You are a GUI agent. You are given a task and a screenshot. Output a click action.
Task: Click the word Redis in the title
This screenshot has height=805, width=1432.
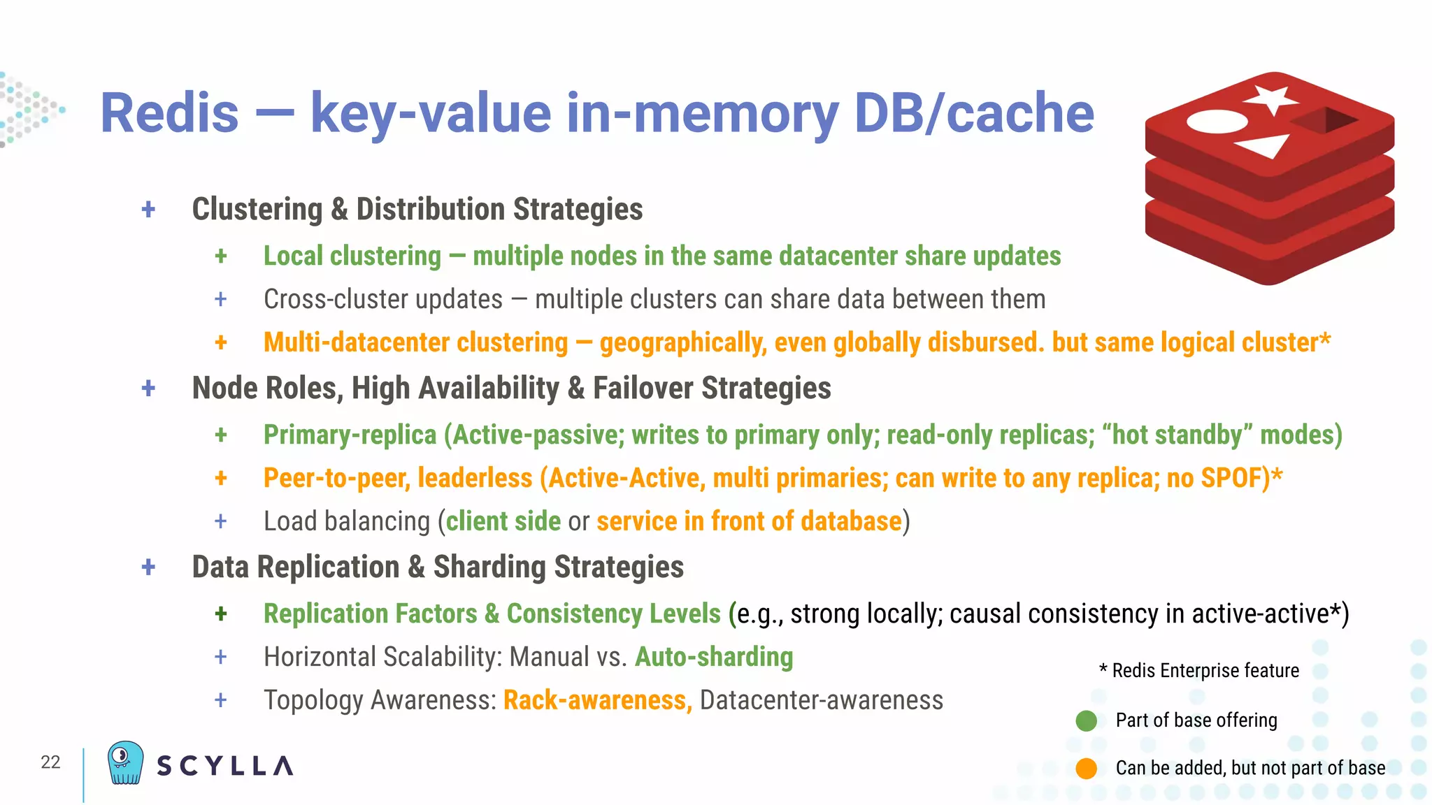click(x=170, y=113)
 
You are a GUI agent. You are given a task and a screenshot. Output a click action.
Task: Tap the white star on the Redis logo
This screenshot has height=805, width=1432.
click(x=1271, y=99)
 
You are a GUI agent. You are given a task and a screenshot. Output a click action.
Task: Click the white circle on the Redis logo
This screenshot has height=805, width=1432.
click(x=1217, y=122)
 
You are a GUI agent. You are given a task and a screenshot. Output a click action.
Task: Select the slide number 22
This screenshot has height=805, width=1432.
click(x=50, y=762)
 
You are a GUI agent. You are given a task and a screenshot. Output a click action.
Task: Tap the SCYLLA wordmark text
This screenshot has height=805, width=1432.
click(x=224, y=766)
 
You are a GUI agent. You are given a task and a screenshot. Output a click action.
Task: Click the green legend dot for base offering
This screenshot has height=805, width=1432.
click(x=1086, y=720)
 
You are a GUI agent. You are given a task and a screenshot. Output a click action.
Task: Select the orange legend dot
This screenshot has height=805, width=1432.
click(x=1086, y=768)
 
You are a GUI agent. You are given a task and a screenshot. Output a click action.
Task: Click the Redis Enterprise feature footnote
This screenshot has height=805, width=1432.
click(x=1198, y=671)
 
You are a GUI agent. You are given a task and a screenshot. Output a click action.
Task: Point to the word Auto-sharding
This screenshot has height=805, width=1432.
click(x=714, y=657)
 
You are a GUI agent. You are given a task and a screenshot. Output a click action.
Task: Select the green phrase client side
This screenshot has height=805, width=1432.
click(x=503, y=522)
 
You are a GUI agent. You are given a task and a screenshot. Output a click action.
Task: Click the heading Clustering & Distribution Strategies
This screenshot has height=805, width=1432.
click(x=417, y=210)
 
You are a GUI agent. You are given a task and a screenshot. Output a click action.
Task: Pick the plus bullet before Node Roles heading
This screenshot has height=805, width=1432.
click(x=148, y=389)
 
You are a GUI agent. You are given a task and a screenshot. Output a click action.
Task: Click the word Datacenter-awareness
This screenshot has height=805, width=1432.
click(x=821, y=700)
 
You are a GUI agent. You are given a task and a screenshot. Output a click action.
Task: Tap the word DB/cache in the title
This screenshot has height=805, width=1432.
click(x=973, y=113)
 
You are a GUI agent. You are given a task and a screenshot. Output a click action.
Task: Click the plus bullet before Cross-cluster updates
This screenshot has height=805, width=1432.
click(x=221, y=300)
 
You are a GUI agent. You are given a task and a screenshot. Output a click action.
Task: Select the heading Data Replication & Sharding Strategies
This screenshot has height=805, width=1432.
click(x=438, y=567)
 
